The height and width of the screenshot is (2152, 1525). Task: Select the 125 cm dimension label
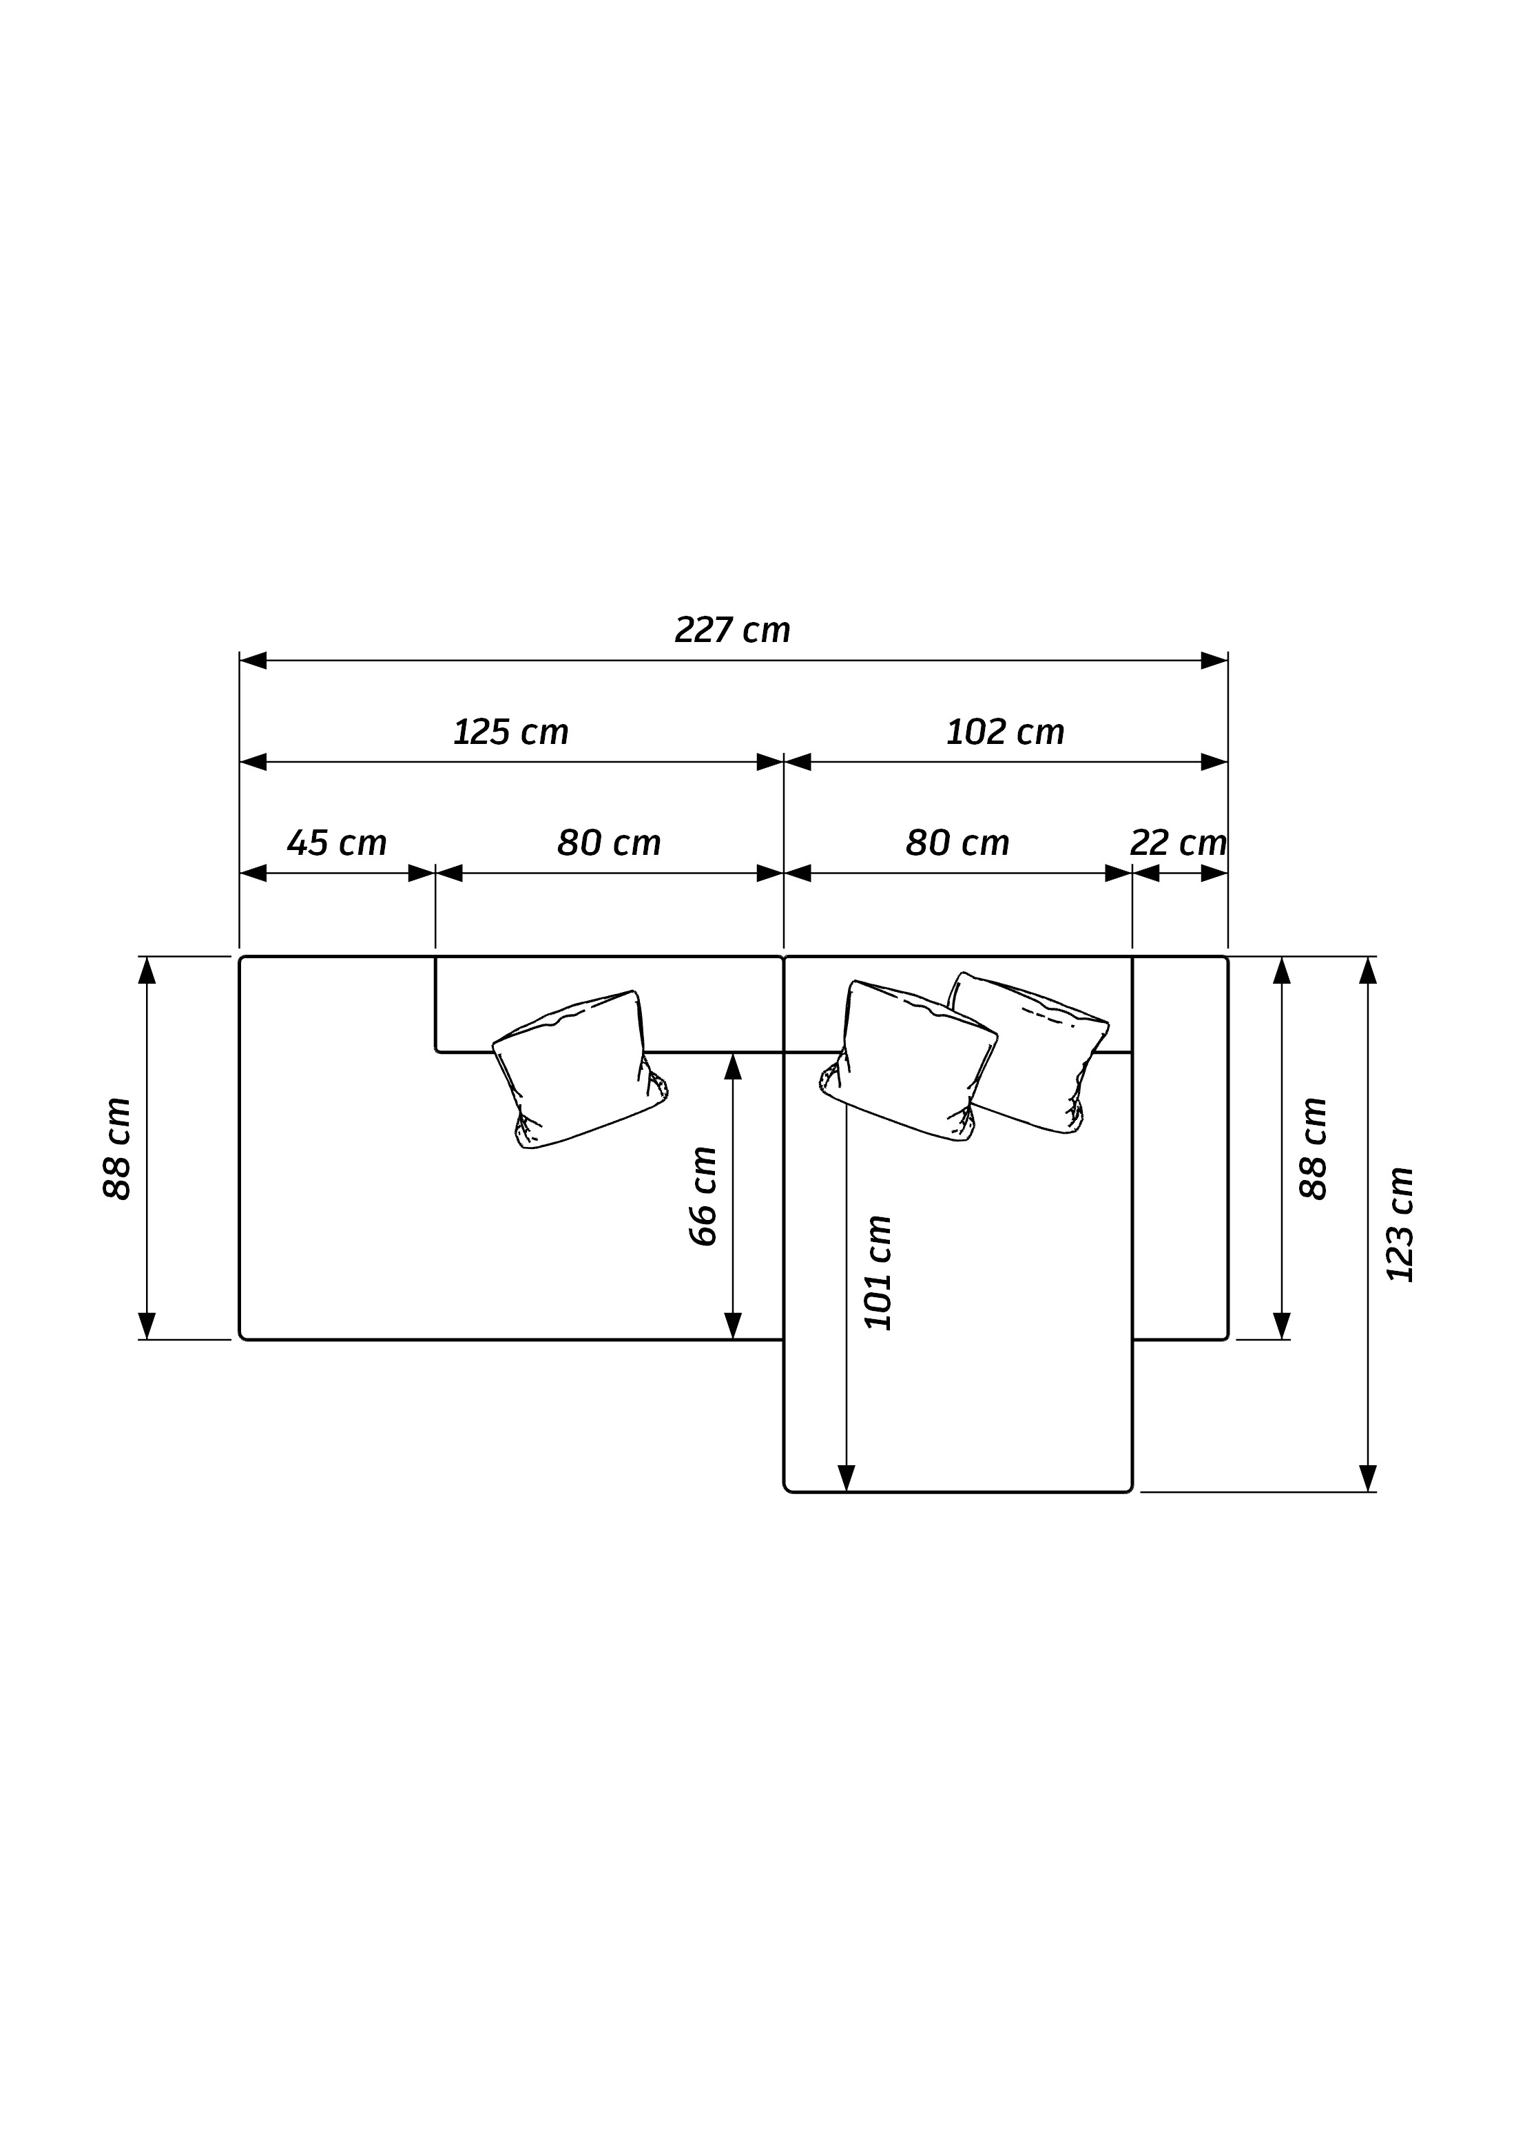click(511, 732)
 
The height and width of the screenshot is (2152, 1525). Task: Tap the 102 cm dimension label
click(1005, 732)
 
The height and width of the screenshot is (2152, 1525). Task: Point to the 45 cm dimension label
click(336, 842)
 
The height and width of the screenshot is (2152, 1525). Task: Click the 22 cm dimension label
click(1178, 842)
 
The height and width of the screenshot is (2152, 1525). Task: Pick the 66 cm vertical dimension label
click(703, 1196)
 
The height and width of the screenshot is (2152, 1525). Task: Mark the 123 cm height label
click(1399, 1224)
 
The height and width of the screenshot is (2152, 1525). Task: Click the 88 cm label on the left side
click(116, 1148)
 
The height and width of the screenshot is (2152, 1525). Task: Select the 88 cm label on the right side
click(1313, 1148)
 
